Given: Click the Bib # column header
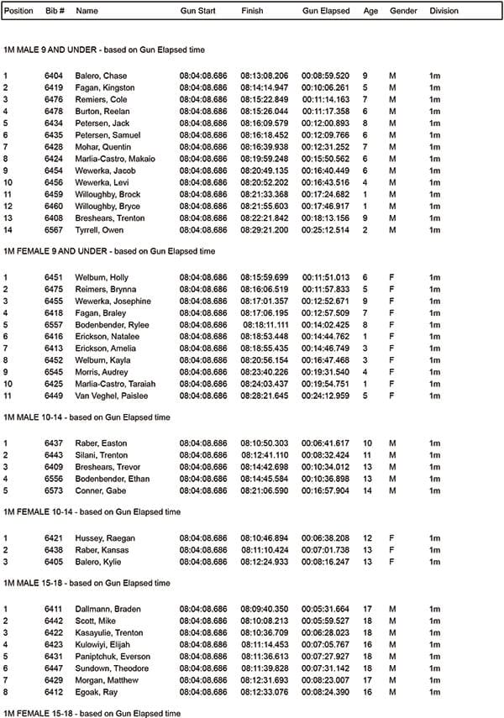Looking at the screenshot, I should pyautogui.click(x=53, y=12).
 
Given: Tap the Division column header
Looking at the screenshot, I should pyautogui.click(x=444, y=12).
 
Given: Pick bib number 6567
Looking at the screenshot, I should pyautogui.click(x=54, y=229).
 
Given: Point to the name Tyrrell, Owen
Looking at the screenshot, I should pyautogui.click(x=99, y=229).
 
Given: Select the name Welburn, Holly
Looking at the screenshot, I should pyautogui.click(x=102, y=277).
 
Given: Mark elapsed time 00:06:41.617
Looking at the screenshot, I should pyautogui.click(x=325, y=443).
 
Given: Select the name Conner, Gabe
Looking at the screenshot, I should pyautogui.click(x=99, y=490).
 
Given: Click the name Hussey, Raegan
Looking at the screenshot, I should pyautogui.click(x=105, y=537).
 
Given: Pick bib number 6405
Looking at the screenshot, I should pyautogui.click(x=54, y=561).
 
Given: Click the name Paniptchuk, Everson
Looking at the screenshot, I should pyautogui.click(x=112, y=656).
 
